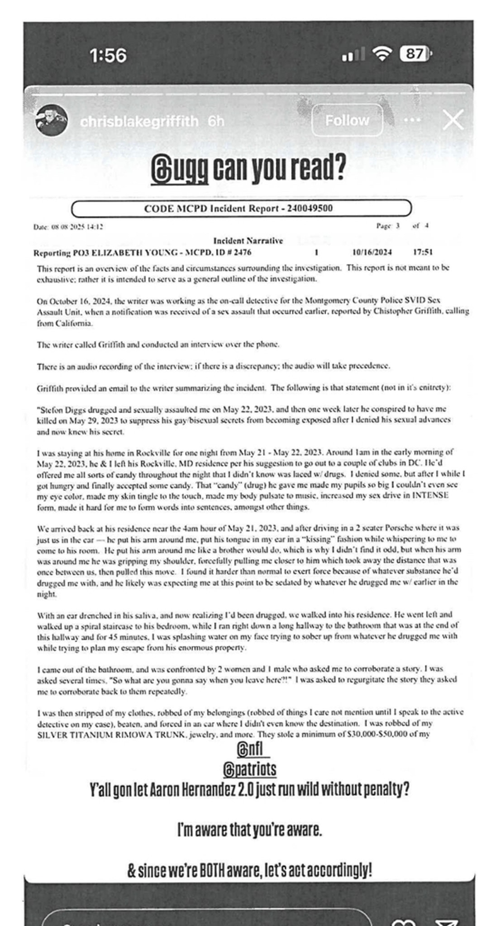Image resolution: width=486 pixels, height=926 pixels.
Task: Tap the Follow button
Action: (x=347, y=120)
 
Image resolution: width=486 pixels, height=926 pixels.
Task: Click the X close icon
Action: (x=453, y=120)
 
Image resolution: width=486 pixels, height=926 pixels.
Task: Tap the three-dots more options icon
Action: (x=412, y=120)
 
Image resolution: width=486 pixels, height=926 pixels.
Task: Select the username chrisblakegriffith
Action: (x=139, y=121)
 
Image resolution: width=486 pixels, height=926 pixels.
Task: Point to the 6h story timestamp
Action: (x=216, y=121)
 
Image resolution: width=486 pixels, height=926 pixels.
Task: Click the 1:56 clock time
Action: (x=108, y=56)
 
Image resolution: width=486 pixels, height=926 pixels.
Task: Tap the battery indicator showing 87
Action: (x=415, y=54)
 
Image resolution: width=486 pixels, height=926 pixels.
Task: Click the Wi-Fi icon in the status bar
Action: (x=382, y=54)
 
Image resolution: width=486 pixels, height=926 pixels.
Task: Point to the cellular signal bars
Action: (x=353, y=55)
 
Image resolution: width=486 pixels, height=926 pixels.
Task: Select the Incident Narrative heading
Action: (x=248, y=241)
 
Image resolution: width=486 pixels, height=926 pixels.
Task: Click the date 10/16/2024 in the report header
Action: (x=372, y=252)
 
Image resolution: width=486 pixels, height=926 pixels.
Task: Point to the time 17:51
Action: (x=423, y=252)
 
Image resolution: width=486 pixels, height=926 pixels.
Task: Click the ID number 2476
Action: (x=243, y=252)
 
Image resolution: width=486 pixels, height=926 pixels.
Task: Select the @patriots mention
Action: (x=249, y=768)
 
